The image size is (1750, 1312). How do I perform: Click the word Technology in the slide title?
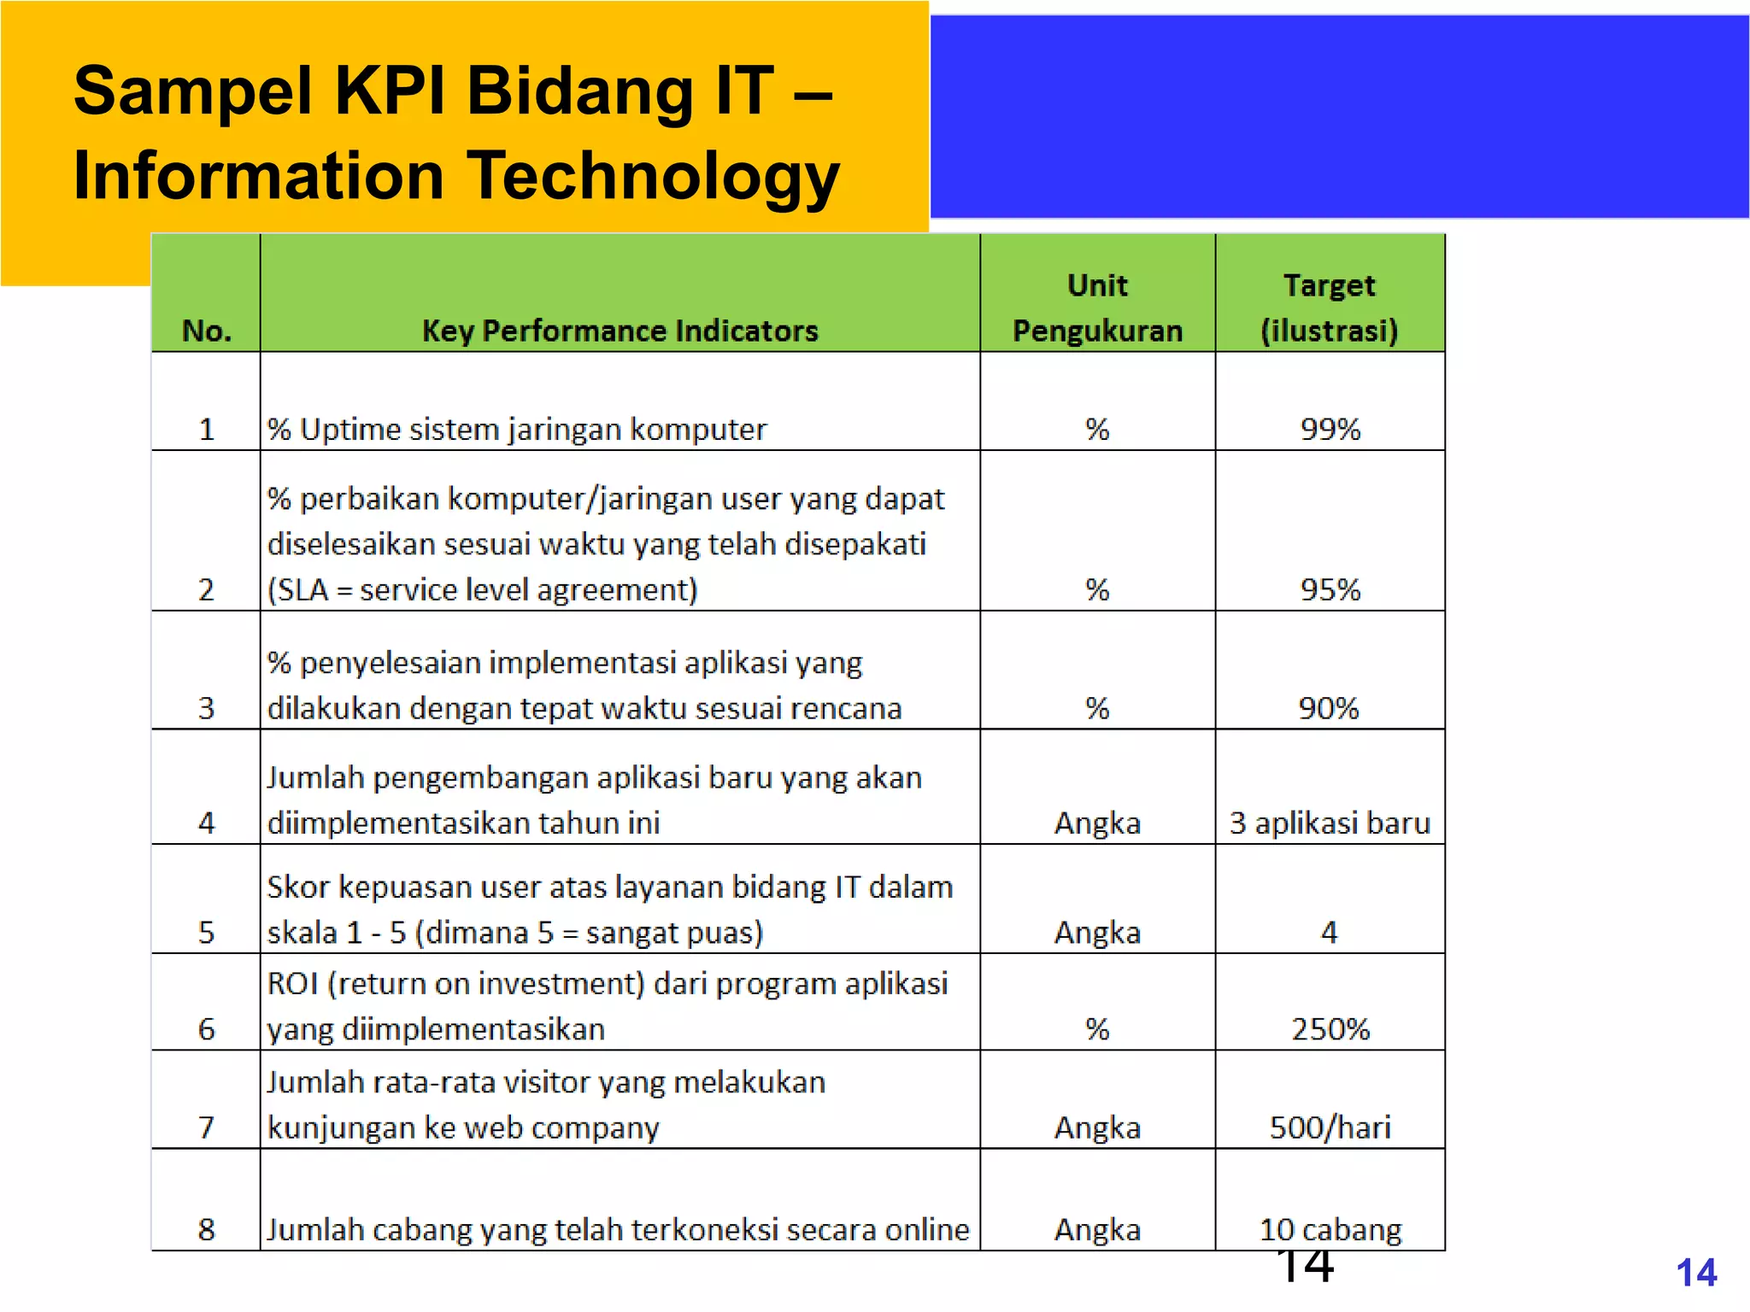(x=654, y=176)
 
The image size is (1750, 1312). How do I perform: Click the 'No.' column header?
(x=207, y=331)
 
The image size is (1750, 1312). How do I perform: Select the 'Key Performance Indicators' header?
(x=620, y=331)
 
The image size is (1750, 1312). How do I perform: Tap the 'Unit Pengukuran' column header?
(x=1097, y=307)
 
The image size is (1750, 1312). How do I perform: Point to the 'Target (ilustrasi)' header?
(x=1330, y=307)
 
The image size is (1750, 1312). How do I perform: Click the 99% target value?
(x=1330, y=429)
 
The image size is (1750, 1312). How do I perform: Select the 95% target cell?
(x=1330, y=589)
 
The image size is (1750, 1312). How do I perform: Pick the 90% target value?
(x=1329, y=708)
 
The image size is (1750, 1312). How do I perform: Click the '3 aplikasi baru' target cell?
(x=1330, y=823)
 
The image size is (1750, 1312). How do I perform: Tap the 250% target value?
(x=1330, y=1028)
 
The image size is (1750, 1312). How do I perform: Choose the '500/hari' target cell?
(x=1330, y=1127)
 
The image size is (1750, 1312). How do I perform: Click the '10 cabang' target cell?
(x=1330, y=1229)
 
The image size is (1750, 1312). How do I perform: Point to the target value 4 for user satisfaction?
(x=1329, y=932)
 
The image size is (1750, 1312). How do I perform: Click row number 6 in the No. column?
(x=207, y=1028)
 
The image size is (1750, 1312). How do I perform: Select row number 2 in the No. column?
(x=207, y=589)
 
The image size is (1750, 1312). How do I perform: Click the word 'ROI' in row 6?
(x=292, y=984)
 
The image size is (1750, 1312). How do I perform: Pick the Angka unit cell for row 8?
(x=1097, y=1229)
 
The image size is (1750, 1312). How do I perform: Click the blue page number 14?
(x=1696, y=1273)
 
